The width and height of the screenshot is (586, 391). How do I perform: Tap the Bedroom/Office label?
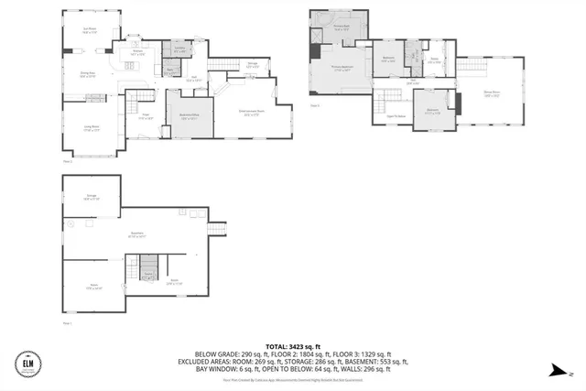click(x=189, y=117)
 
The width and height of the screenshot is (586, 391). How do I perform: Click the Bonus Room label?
click(x=491, y=92)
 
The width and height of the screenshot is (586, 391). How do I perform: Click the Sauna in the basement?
click(x=147, y=273)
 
